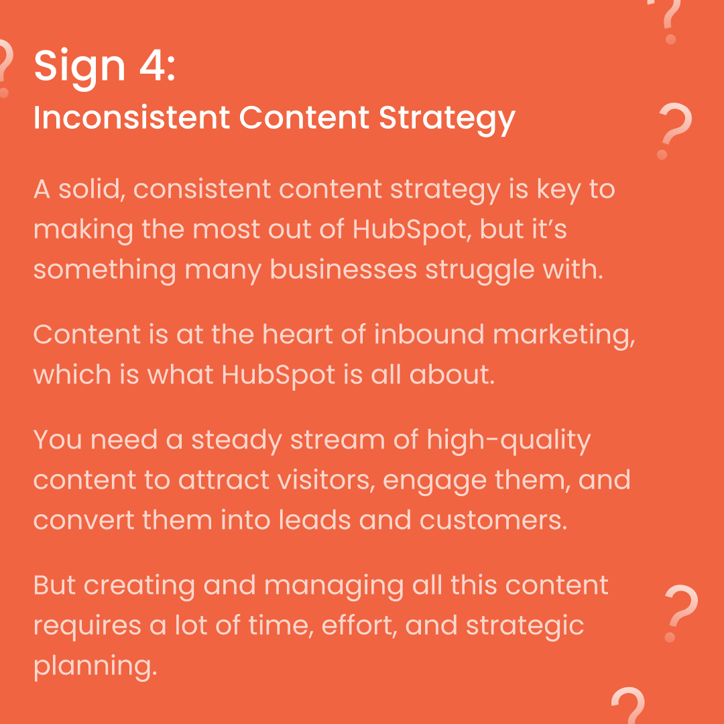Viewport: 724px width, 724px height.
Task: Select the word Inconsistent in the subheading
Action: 131,119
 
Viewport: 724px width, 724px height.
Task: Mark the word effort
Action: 359,625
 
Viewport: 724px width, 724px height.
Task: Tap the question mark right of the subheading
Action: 674,131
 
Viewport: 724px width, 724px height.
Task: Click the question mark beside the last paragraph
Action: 681,612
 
